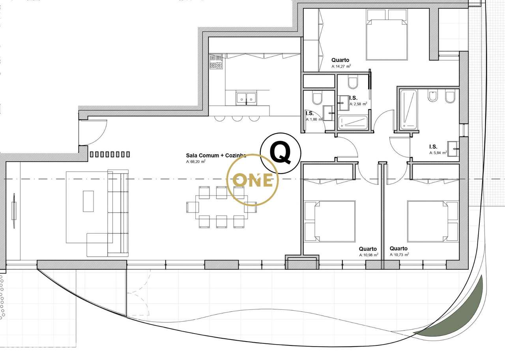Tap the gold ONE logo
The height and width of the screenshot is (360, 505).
tap(252, 180)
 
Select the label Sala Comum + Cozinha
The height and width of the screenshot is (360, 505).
tap(216, 155)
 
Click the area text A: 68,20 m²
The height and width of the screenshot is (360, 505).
tap(196, 162)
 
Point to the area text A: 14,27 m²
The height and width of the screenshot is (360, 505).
tap(341, 67)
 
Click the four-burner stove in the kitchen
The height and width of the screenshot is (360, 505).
tap(216, 62)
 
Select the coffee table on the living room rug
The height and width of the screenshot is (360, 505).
tap(88, 201)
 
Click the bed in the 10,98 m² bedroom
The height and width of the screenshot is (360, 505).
tap(330, 221)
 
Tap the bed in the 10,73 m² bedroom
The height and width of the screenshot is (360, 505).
tap(432, 221)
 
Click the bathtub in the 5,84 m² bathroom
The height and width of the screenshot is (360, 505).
tap(408, 110)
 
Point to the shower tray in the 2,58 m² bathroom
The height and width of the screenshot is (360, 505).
tap(353, 122)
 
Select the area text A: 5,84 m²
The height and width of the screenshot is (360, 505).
tap(438, 153)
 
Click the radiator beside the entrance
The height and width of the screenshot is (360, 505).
tap(110, 154)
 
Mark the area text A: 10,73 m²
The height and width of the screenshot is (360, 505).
tap(399, 255)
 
